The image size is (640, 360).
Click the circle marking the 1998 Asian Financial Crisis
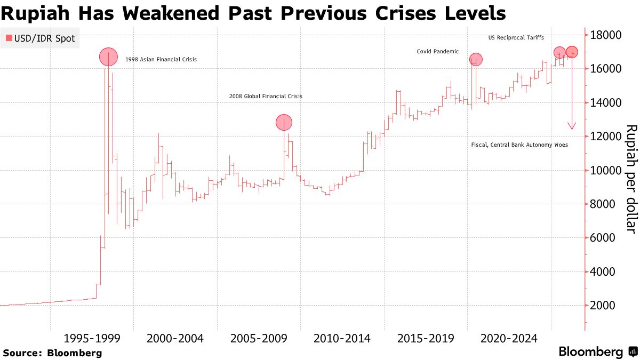(x=108, y=57)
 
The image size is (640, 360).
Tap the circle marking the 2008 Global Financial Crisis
(x=284, y=122)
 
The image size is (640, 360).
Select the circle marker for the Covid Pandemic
(x=475, y=59)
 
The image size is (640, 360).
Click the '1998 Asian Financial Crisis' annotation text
(x=161, y=60)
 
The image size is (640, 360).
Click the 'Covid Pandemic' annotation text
(x=437, y=52)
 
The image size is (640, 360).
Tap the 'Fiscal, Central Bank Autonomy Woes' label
(x=519, y=145)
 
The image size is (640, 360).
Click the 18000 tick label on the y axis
(x=606, y=35)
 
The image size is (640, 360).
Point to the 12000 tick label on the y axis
(x=606, y=137)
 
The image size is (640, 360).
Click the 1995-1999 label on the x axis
(x=92, y=339)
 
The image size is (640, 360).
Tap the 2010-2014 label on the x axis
(x=342, y=339)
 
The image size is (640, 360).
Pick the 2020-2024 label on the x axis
(x=509, y=339)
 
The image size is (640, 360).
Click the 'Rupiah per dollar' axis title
(x=630, y=179)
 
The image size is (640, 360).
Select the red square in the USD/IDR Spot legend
(x=9, y=38)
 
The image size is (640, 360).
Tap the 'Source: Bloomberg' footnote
(x=52, y=353)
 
